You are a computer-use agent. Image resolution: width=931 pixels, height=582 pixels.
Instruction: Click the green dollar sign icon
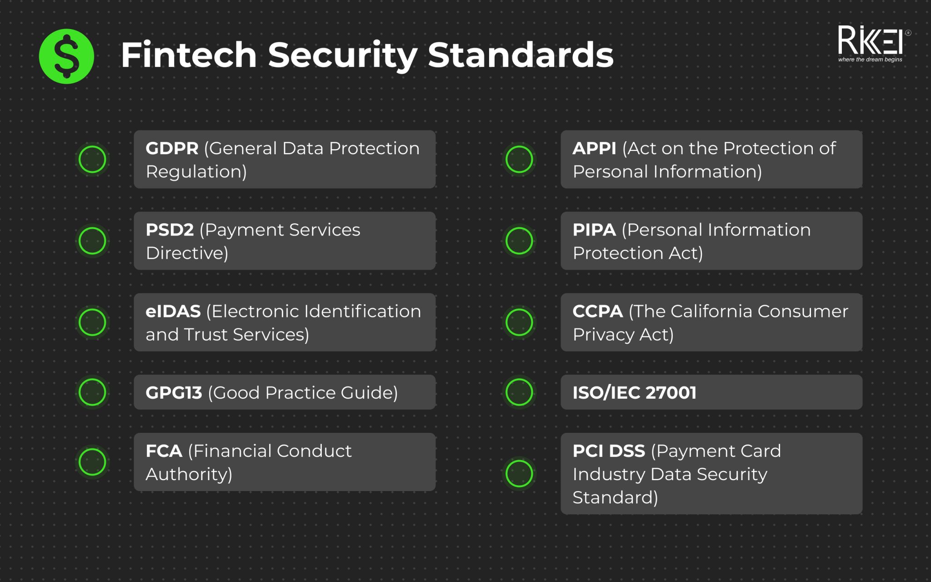[66, 56]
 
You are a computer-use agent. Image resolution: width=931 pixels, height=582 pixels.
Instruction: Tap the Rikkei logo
[870, 40]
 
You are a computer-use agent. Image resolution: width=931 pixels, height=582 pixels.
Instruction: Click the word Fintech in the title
[189, 55]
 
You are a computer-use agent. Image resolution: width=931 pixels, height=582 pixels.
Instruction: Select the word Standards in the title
[521, 55]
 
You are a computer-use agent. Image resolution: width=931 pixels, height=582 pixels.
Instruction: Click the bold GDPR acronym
[172, 149]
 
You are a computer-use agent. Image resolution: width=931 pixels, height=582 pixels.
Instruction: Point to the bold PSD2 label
[170, 230]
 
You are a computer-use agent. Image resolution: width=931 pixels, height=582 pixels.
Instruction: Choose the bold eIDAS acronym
[173, 311]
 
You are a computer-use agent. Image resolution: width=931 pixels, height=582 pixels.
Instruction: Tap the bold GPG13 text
[174, 393]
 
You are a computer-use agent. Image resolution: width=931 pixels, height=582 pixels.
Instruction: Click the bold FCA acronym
[164, 451]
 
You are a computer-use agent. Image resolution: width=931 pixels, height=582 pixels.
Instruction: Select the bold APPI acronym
[594, 149]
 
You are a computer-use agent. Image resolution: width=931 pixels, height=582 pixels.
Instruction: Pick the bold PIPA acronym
[594, 230]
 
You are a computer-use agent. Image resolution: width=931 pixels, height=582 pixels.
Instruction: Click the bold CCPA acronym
[597, 311]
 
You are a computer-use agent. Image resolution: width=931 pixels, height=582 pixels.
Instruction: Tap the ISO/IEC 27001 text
[634, 393]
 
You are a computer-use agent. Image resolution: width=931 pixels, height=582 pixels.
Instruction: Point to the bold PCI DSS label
[609, 451]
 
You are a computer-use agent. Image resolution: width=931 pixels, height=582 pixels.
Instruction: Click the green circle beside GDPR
[92, 159]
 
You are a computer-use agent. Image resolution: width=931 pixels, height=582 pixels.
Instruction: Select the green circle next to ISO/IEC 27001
[519, 392]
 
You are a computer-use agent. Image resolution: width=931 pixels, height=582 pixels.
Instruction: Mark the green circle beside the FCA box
[92, 462]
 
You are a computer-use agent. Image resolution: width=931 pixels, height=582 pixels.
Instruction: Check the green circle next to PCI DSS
[519, 473]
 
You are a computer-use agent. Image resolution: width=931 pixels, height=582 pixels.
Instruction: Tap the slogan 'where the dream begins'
[870, 60]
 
